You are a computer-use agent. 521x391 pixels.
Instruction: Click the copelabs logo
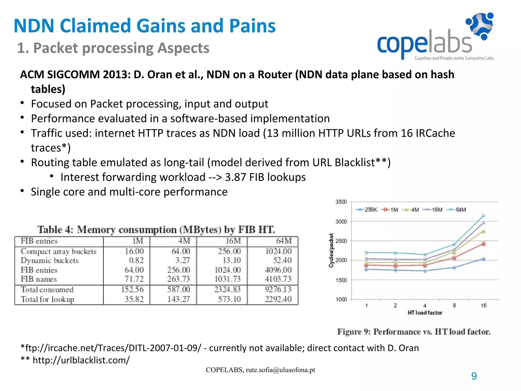(435, 37)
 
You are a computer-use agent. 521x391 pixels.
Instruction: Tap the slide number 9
(474, 376)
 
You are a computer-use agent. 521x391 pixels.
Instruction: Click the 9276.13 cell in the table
(278, 289)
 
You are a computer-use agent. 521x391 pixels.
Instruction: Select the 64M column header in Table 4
(284, 241)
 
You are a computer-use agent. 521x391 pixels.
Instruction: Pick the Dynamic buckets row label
(50, 260)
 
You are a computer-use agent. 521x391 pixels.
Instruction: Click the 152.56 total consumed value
(132, 289)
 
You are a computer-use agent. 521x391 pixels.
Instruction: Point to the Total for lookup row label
(48, 299)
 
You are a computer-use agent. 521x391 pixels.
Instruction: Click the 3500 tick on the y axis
(341, 202)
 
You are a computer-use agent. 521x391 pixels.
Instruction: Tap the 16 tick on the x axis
(484, 305)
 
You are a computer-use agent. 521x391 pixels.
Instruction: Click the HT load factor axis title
(425, 313)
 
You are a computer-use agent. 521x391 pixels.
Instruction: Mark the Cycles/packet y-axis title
(331, 250)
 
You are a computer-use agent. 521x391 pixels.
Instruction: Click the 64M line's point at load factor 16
(484, 216)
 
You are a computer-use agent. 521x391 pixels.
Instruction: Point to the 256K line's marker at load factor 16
(484, 259)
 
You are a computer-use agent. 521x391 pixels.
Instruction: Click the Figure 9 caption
(414, 332)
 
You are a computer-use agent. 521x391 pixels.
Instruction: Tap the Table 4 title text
(156, 230)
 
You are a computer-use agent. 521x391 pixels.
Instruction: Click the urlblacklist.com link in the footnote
(81, 360)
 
